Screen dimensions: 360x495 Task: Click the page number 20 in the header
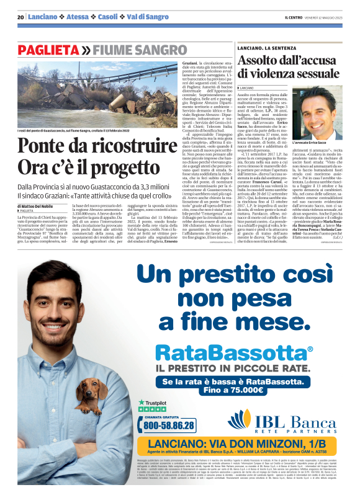click(20, 17)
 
